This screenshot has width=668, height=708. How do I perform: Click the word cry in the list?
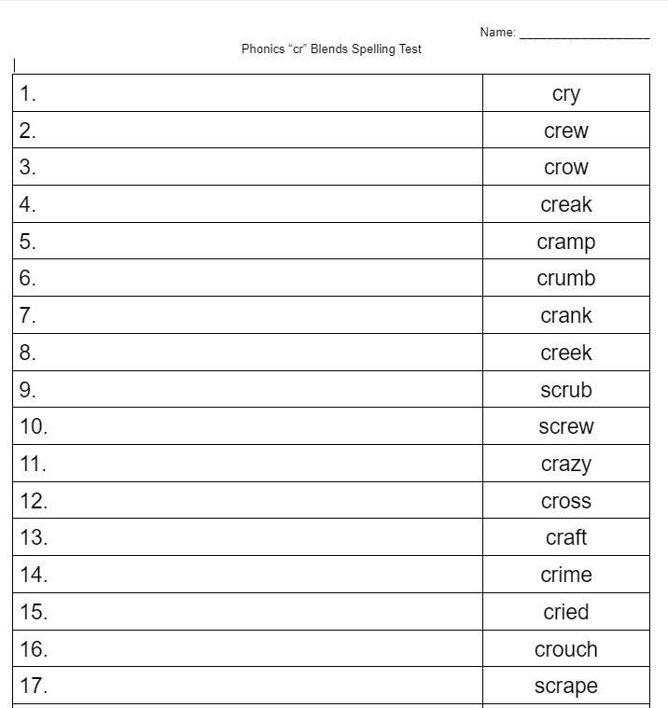(565, 94)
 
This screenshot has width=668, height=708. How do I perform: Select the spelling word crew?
(565, 132)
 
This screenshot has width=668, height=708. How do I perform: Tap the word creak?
(565, 205)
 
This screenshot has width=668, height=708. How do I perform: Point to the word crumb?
(565, 279)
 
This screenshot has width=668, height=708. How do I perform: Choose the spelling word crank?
(565, 316)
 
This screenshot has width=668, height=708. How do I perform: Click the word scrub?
(565, 390)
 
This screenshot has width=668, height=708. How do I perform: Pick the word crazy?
(565, 465)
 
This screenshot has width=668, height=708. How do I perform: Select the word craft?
(565, 538)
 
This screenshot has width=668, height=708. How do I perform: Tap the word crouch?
(565, 649)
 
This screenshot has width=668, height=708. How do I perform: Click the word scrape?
(565, 687)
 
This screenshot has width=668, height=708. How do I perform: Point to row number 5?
(28, 243)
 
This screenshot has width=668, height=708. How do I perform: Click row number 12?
(34, 501)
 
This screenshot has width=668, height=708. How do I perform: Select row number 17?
(34, 687)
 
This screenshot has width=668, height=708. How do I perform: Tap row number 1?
(28, 94)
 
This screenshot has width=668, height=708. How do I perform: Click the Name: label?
(497, 33)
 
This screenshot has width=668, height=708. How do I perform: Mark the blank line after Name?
(584, 36)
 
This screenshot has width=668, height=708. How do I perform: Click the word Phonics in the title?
(263, 49)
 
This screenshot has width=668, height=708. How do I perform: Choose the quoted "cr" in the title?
(299, 49)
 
